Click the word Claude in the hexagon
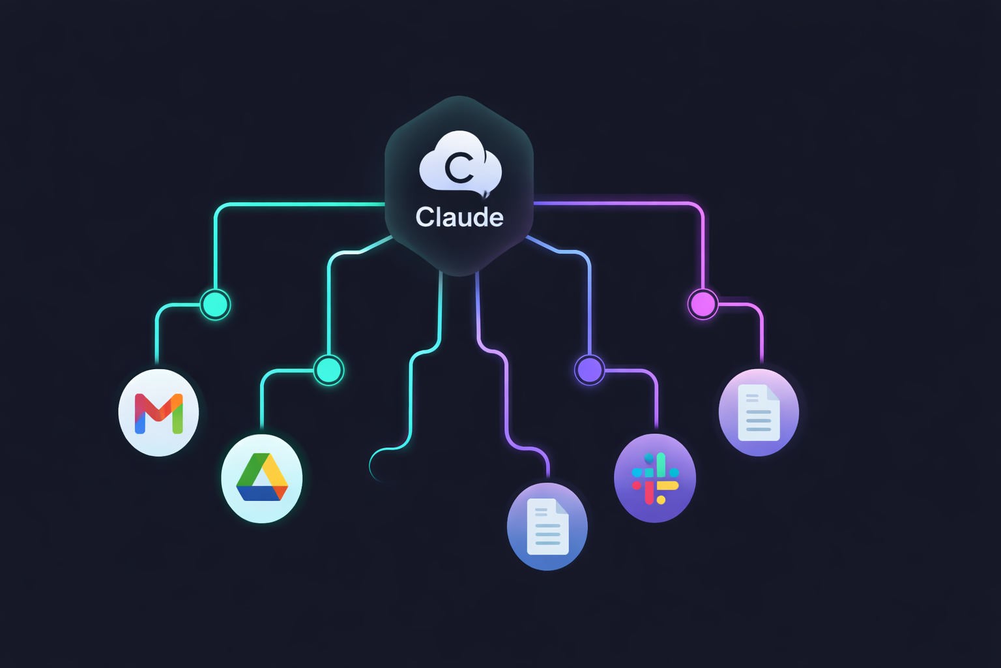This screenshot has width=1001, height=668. pyautogui.click(x=459, y=217)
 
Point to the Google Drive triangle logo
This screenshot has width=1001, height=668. pyautogui.click(x=262, y=478)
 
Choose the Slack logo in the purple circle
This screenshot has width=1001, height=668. pyautogui.click(x=655, y=478)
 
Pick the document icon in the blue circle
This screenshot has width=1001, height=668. pyautogui.click(x=547, y=526)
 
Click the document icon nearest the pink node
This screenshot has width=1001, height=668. pyautogui.click(x=759, y=412)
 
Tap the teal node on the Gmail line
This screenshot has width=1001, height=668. pyautogui.click(x=215, y=304)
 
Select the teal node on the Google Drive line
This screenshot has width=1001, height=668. pyautogui.click(x=328, y=370)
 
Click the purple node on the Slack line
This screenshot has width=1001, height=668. pyautogui.click(x=589, y=370)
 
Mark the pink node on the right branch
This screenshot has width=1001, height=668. pyautogui.click(x=703, y=304)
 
